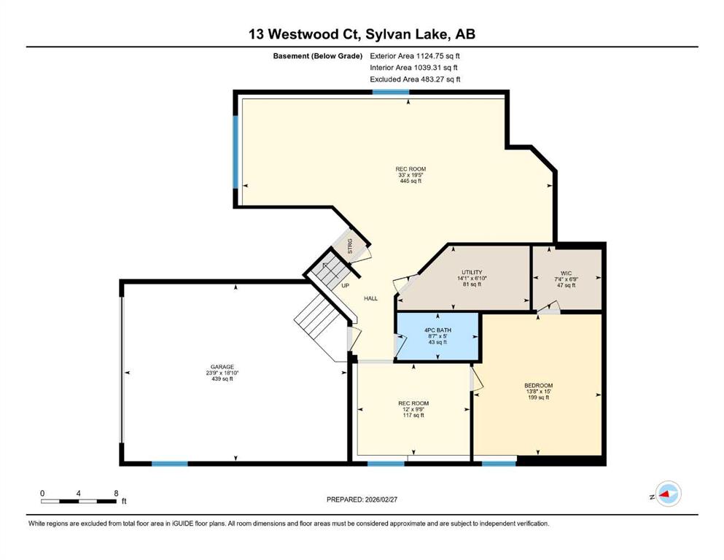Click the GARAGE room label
click(222, 367)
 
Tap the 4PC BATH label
click(437, 330)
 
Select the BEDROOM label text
click(538, 386)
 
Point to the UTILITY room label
click(472, 273)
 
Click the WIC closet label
click(566, 273)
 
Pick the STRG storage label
click(350, 246)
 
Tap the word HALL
click(371, 299)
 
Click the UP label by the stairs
click(346, 286)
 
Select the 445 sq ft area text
click(411, 181)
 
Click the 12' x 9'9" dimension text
click(413, 410)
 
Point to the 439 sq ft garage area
click(222, 379)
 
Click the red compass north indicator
click(665, 494)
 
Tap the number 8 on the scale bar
click(117, 493)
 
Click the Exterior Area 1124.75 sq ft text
click(415, 56)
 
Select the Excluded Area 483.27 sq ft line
click(415, 79)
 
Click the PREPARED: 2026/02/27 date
click(362, 499)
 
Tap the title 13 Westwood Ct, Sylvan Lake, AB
click(362, 34)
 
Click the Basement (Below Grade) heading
click(318, 56)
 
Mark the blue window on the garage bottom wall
click(170, 464)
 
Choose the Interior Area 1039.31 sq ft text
click(413, 67)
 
